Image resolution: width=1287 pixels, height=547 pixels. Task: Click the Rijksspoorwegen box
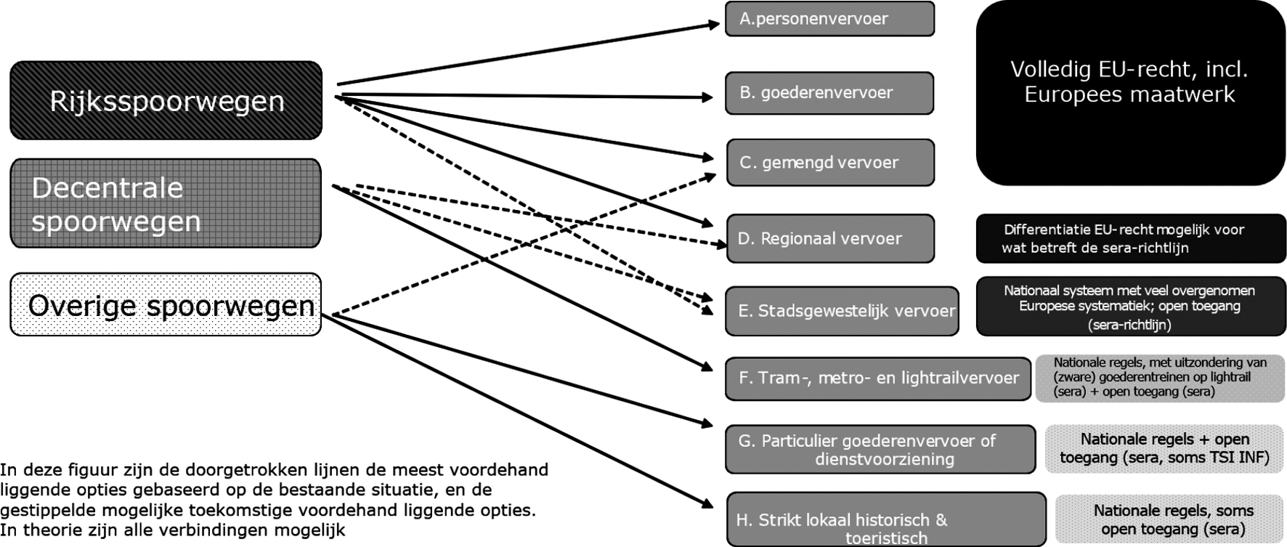tap(166, 100)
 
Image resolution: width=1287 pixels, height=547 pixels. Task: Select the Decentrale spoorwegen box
tap(166, 203)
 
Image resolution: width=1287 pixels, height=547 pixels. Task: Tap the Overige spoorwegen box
tap(166, 304)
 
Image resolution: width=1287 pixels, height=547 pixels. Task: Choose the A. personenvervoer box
tap(829, 19)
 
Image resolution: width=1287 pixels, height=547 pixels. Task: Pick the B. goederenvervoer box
tap(829, 93)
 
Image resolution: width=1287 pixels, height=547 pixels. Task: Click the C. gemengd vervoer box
tap(830, 163)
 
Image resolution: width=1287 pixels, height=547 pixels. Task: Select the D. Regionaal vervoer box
tap(830, 238)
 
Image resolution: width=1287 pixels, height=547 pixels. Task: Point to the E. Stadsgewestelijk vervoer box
tap(842, 311)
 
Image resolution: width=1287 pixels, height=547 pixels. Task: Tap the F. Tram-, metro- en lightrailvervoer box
tap(877, 378)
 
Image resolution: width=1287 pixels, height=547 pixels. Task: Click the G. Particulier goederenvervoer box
tap(880, 450)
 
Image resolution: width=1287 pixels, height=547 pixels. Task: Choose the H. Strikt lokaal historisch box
tap(886, 520)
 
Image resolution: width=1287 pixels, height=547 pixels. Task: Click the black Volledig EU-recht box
tap(1130, 93)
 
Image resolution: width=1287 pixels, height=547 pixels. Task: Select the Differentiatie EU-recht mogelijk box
tap(1130, 238)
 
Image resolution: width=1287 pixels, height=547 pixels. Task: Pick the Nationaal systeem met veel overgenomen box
tap(1130, 307)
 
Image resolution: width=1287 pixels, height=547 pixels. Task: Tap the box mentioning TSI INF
tap(1164, 449)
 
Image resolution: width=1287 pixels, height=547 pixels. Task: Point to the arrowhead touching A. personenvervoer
tap(714, 25)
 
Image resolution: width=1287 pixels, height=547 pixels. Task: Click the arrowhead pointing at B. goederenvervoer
tap(708, 97)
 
